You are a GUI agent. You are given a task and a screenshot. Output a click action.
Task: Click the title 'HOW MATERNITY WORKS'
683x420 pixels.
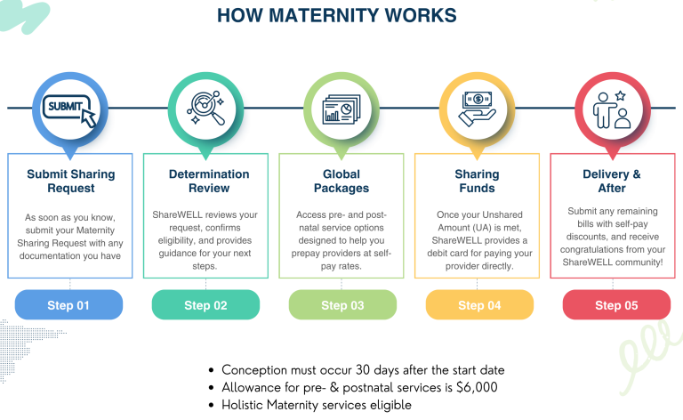(x=337, y=16)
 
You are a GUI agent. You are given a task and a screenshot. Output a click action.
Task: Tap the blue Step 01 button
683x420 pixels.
(x=68, y=305)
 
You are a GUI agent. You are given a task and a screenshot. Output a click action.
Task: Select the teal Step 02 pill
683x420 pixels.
(x=205, y=305)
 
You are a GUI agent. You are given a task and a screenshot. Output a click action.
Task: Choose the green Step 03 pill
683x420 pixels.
(x=342, y=305)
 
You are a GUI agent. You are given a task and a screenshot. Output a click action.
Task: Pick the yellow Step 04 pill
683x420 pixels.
(x=479, y=305)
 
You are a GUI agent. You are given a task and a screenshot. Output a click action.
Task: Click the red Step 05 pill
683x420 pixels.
(x=616, y=305)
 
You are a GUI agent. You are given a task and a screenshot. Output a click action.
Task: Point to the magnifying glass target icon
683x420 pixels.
(x=205, y=109)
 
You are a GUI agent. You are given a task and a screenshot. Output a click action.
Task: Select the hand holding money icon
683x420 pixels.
(x=478, y=109)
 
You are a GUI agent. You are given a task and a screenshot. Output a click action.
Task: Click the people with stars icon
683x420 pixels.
(x=613, y=109)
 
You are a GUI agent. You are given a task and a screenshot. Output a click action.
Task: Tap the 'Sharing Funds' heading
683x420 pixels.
(x=478, y=182)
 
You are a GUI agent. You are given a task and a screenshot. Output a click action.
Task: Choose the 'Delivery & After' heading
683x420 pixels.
(x=611, y=182)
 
